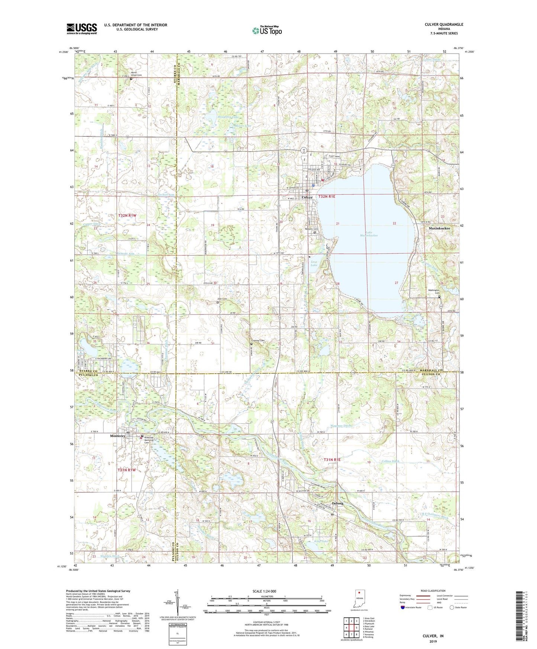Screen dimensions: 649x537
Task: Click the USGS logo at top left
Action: pyautogui.click(x=82, y=29)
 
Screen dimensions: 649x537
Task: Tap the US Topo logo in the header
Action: pyautogui.click(x=267, y=31)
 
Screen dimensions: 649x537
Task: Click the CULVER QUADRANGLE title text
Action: pyautogui.click(x=444, y=25)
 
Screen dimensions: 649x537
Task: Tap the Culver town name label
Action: pyautogui.click(x=307, y=197)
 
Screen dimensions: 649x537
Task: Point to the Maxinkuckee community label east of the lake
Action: pyautogui.click(x=439, y=228)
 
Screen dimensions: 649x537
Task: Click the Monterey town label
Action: pyautogui.click(x=117, y=436)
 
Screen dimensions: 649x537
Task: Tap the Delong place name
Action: pyautogui.click(x=337, y=503)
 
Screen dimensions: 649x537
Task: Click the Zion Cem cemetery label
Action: pyautogui.click(x=222, y=299)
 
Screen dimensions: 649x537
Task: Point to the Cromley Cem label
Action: pyautogui.click(x=257, y=341)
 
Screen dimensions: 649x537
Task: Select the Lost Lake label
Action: pyautogui.click(x=314, y=264)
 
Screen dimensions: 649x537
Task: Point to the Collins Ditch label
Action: pyautogui.click(x=390, y=461)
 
